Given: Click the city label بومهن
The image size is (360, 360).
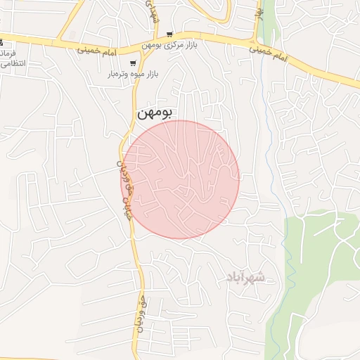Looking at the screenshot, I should pyautogui.click(x=155, y=112).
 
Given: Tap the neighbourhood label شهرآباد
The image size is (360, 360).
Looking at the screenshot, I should pyautogui.click(x=245, y=278).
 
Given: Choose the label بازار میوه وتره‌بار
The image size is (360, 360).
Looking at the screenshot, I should pyautogui.click(x=133, y=73).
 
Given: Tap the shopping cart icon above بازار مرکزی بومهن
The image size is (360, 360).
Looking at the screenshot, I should pyautogui.click(x=169, y=34).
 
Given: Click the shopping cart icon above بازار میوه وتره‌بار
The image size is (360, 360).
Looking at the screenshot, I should pyautogui.click(x=133, y=63).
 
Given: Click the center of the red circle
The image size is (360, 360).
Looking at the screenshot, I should pyautogui.click(x=181, y=179).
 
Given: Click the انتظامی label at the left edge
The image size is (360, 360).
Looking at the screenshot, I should pyautogui.click(x=14, y=63).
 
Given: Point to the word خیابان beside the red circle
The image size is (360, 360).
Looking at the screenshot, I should pyautogui.click(x=127, y=209).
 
